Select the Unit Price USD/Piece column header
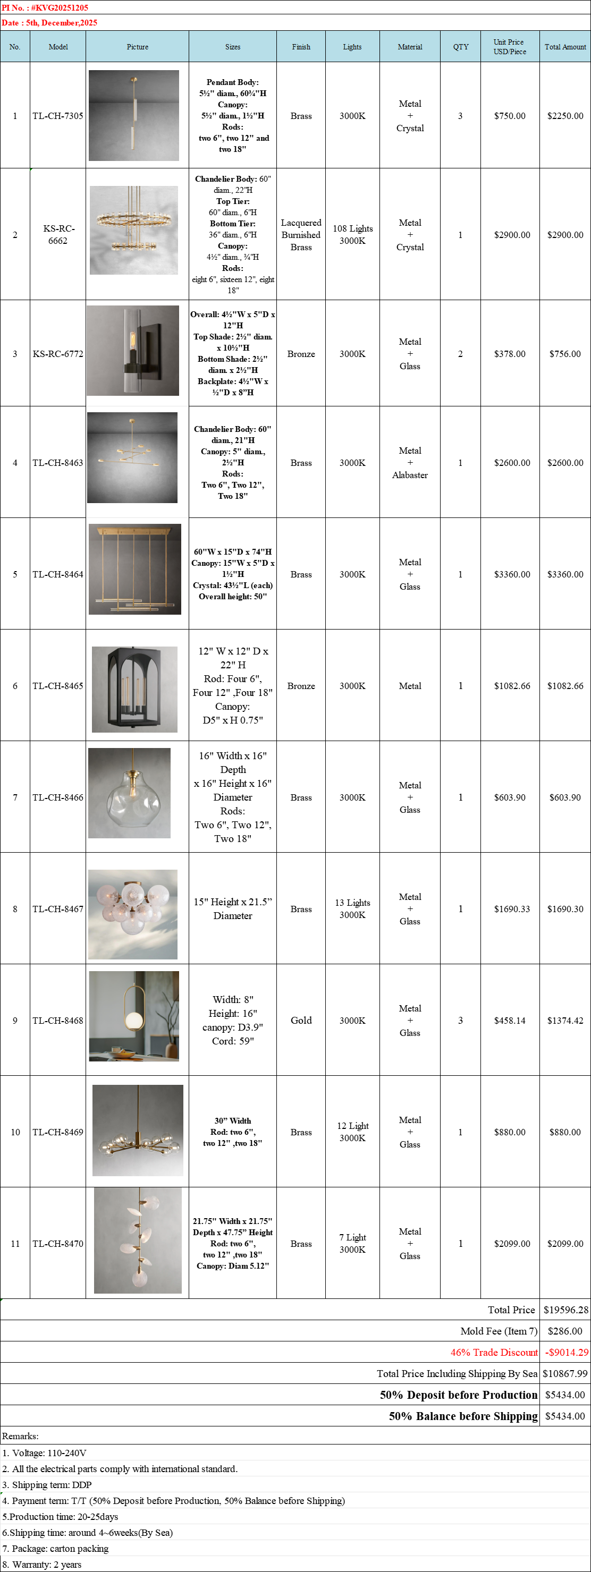(509, 47)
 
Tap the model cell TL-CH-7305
(58, 116)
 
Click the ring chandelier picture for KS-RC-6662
(134, 230)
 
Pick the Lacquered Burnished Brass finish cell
(301, 235)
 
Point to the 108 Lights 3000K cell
(352, 235)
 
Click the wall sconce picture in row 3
(133, 351)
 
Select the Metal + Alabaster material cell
(410, 463)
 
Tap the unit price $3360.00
(512, 574)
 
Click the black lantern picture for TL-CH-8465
(134, 689)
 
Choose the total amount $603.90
(565, 797)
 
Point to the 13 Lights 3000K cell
(352, 908)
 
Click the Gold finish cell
(301, 1021)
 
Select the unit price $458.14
(509, 1021)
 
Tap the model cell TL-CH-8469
(58, 1132)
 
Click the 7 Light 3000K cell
(352, 1243)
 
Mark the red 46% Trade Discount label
(494, 1352)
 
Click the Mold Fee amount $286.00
(565, 1331)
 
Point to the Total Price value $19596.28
(565, 1310)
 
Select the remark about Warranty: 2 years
(42, 1564)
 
